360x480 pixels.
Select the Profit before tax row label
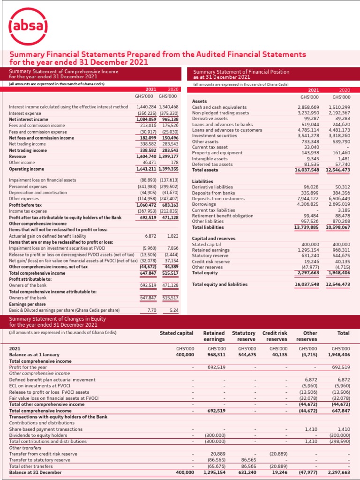pos(25,205)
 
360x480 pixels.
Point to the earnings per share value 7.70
pos(151,310)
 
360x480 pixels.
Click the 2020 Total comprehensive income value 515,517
pos(170,273)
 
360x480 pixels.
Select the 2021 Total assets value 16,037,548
pos(307,170)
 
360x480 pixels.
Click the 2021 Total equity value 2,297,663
pos(307,272)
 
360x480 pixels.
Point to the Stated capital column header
pos(176,333)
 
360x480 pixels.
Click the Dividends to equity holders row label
pos(38,435)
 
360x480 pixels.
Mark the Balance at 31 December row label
pos(35,472)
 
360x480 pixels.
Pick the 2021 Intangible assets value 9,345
pos(311,159)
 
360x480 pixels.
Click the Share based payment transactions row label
pos(45,429)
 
